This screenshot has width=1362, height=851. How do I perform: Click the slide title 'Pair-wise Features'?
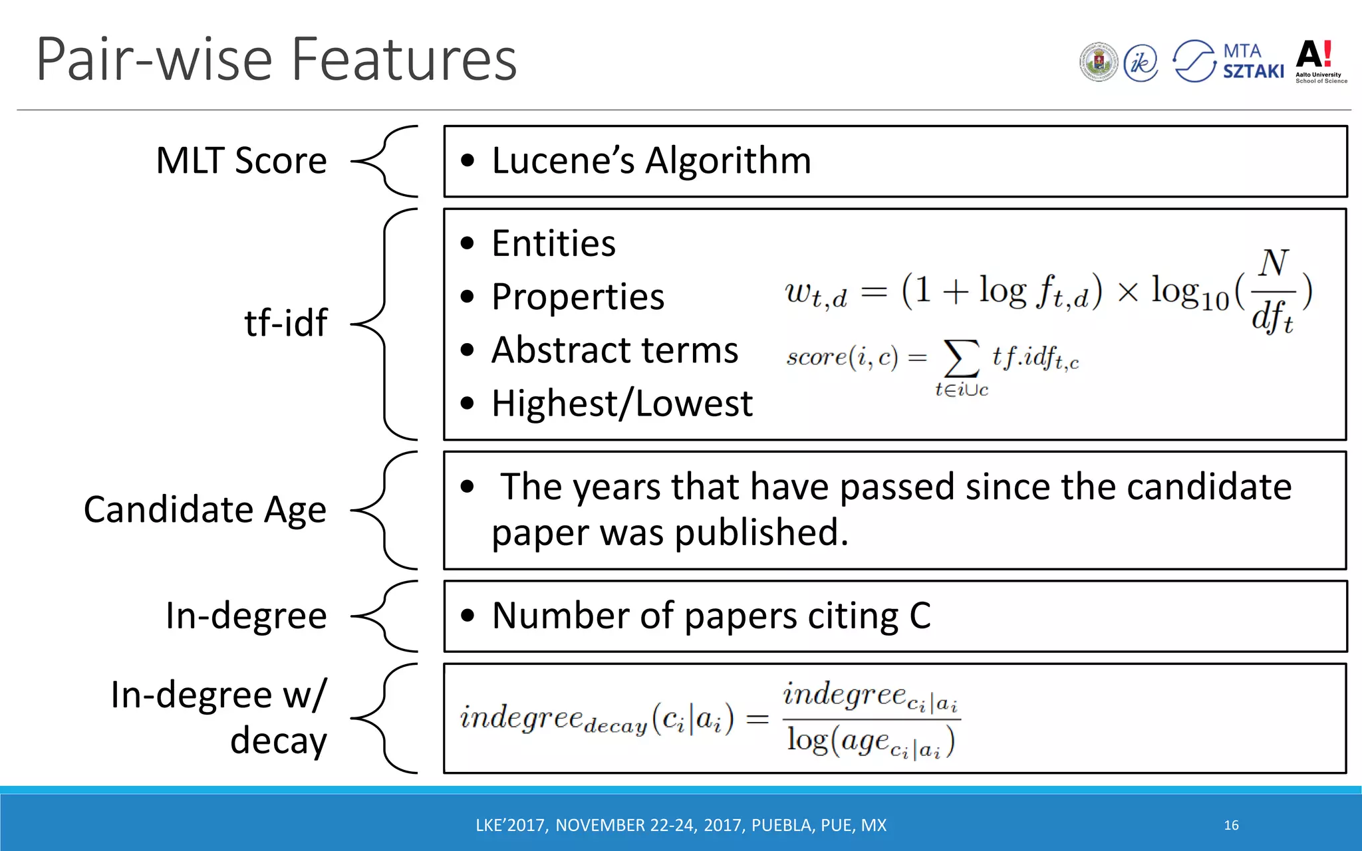pos(276,60)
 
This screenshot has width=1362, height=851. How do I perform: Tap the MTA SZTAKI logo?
pos(1228,61)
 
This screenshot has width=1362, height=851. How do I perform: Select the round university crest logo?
pos(1099,62)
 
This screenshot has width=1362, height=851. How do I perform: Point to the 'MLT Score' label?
pos(241,161)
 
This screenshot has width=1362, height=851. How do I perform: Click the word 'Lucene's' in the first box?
pos(563,161)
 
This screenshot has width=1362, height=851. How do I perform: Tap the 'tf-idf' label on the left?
pos(285,323)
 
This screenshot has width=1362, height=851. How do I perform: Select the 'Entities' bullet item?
pos(553,243)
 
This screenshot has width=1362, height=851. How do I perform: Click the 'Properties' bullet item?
pos(577,297)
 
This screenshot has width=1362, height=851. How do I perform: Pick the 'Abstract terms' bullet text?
pos(614,350)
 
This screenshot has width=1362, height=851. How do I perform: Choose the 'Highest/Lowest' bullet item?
pos(622,404)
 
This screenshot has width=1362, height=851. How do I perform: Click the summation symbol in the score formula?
pos(961,359)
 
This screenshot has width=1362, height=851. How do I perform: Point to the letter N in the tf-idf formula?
pos(1274,263)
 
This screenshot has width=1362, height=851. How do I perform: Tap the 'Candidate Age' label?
pos(205,510)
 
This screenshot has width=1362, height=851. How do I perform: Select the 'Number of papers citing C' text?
pos(711,616)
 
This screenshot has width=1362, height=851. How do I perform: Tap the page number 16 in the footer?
pos(1231,825)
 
